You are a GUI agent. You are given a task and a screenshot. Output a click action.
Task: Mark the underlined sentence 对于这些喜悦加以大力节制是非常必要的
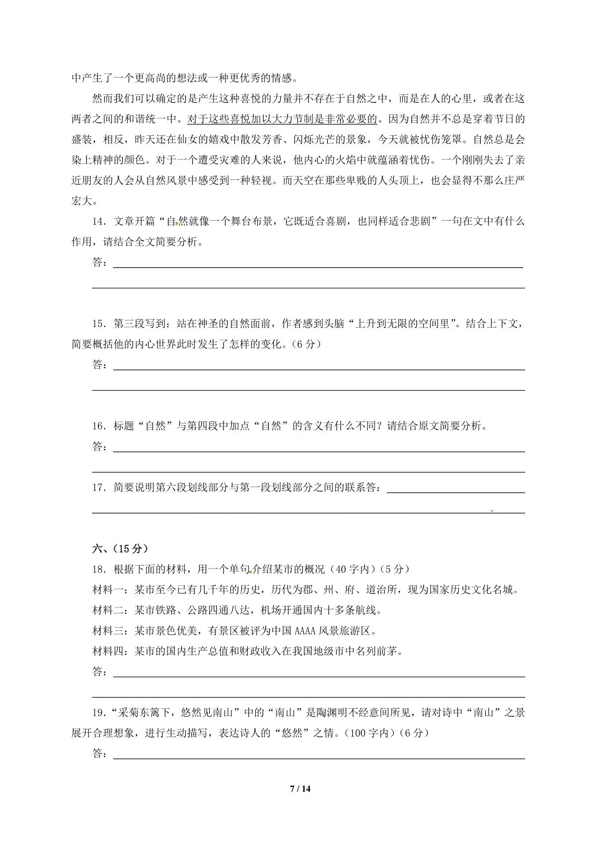pyautogui.click(x=282, y=119)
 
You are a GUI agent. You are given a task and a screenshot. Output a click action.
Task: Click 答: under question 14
pyautogui.click(x=100, y=262)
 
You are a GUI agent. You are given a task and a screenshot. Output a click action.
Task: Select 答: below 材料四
pyautogui.click(x=100, y=672)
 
